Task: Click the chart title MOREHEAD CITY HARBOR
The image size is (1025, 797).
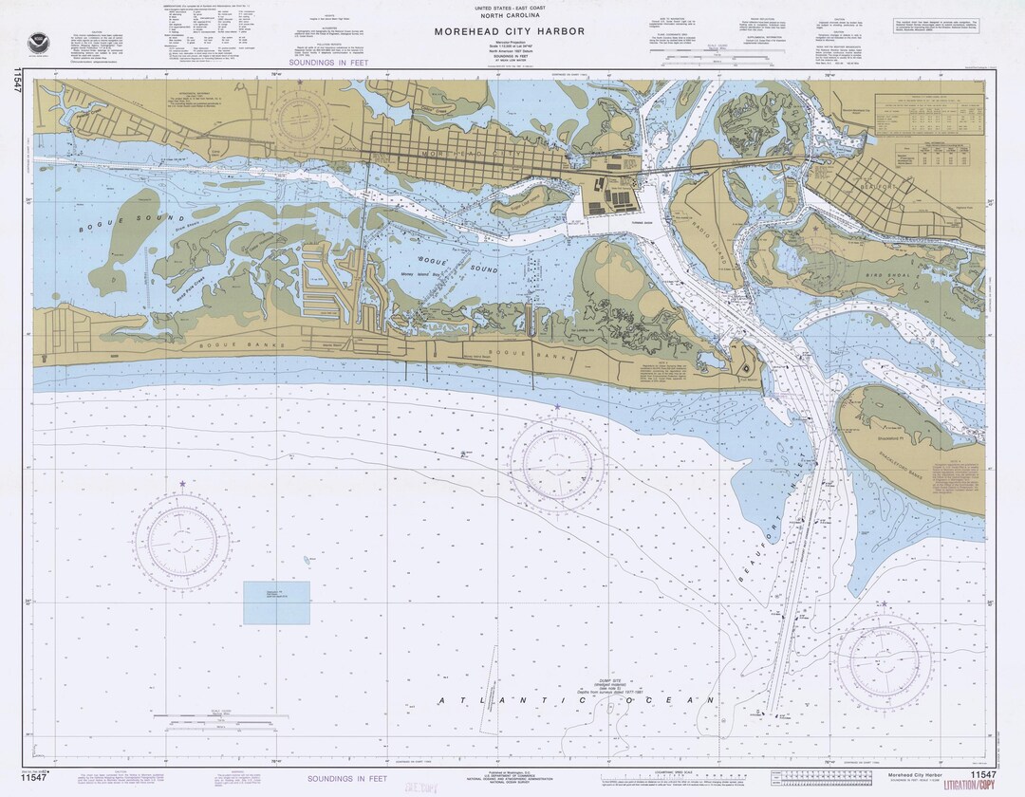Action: click(x=510, y=31)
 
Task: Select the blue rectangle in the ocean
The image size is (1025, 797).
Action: click(x=276, y=602)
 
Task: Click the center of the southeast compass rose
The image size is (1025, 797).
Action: click(x=889, y=656)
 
